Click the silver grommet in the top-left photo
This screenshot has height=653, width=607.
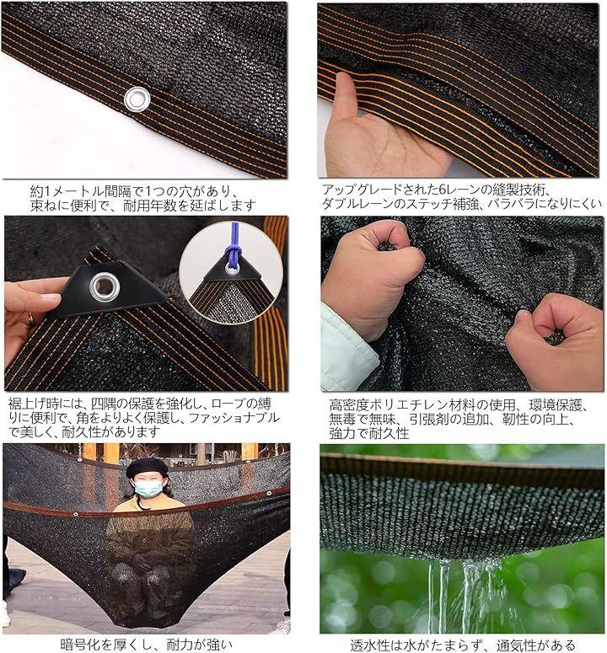pos(137,99)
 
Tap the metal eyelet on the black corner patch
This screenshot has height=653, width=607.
pos(105,286)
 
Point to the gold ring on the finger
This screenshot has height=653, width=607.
pos(30,318)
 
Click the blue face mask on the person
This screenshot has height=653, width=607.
pos(148,488)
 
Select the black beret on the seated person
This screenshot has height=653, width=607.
pos(146,468)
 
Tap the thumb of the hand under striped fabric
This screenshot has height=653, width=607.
pos(346,94)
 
